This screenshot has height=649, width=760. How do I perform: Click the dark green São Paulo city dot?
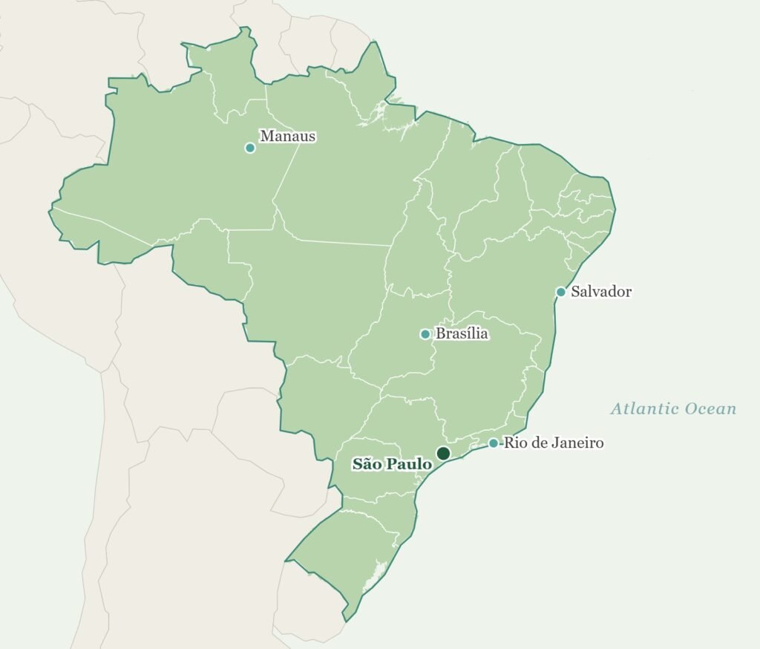click(443, 453)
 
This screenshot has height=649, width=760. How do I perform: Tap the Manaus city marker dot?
click(250, 148)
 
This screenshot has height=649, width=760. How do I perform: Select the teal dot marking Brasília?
click(425, 334)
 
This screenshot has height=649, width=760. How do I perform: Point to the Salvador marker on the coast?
click(561, 292)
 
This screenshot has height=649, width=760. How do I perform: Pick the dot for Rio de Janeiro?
click(494, 443)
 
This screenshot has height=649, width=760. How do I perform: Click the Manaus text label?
click(287, 136)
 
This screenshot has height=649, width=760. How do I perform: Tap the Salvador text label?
click(601, 292)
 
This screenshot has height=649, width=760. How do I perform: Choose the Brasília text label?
click(462, 333)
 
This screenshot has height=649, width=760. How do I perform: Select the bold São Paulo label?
click(392, 464)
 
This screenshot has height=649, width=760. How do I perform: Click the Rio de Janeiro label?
click(553, 443)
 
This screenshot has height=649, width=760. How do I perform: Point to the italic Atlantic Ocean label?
click(673, 408)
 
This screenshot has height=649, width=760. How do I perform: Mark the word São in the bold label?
click(366, 464)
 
